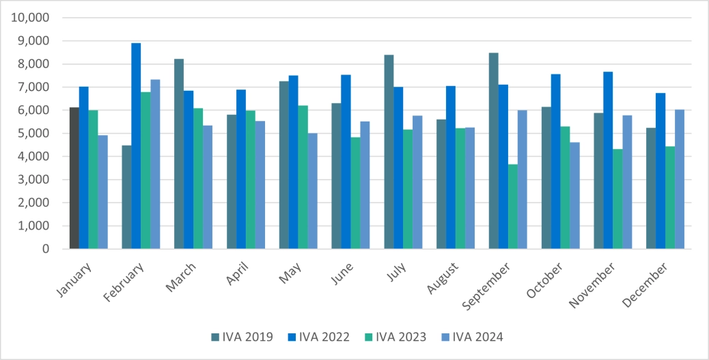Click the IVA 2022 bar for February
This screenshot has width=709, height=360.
pyautogui.click(x=136, y=146)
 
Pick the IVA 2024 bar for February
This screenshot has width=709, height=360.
pyautogui.click(x=155, y=164)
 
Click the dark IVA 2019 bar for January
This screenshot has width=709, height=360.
pyautogui.click(x=74, y=178)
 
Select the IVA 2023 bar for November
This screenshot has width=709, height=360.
pyautogui.click(x=617, y=199)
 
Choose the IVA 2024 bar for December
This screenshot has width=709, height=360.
pyautogui.click(x=680, y=179)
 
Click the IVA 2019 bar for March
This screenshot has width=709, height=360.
pyautogui.click(x=179, y=154)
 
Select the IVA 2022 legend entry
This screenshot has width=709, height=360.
pyautogui.click(x=318, y=336)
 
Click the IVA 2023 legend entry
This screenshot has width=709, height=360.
pyautogui.click(x=394, y=336)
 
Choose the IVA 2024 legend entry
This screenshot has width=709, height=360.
pyautogui.click(x=471, y=336)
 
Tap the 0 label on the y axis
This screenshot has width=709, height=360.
pyautogui.click(x=45, y=249)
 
